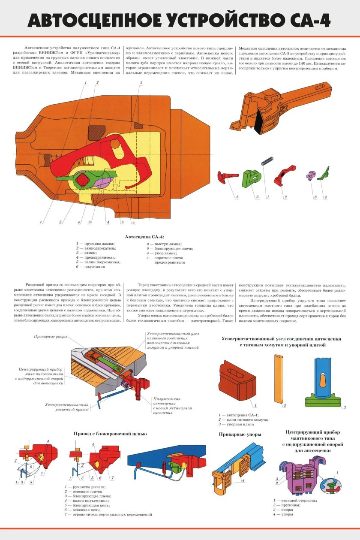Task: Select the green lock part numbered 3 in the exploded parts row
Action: [x=251, y=178]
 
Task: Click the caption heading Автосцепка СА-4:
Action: [x=144, y=237]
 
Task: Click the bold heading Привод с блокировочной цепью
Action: [x=110, y=434]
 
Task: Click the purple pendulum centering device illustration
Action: [x=299, y=475]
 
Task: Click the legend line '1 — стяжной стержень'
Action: [x=295, y=501]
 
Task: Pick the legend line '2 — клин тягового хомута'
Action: [x=243, y=419]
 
